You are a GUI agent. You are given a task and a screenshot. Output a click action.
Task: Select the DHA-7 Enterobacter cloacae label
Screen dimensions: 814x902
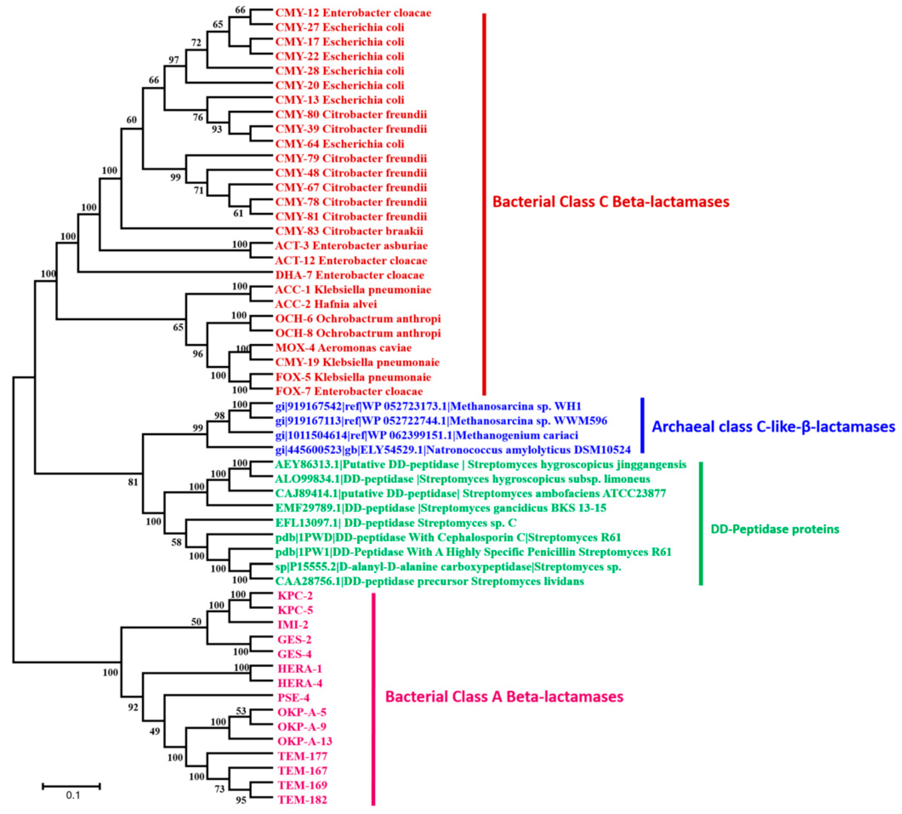350,275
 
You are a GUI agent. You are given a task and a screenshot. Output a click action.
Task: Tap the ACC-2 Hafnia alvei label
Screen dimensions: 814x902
326,304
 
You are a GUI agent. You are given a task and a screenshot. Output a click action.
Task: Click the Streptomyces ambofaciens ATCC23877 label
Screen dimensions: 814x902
470,493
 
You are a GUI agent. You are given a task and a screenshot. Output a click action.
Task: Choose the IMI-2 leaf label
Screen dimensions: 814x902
293,625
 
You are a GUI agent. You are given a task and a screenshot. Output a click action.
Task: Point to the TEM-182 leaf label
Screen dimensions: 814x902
302,800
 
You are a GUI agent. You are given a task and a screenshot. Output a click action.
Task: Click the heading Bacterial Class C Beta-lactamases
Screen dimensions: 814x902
611,202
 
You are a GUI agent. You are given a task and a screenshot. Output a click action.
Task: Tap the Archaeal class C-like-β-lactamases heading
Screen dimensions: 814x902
773,427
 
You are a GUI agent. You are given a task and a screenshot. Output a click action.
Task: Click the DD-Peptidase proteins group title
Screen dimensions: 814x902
775,529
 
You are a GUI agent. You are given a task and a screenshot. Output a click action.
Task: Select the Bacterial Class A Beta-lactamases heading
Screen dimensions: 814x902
504,696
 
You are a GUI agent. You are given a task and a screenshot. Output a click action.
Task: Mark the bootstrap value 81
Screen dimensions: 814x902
133,483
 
